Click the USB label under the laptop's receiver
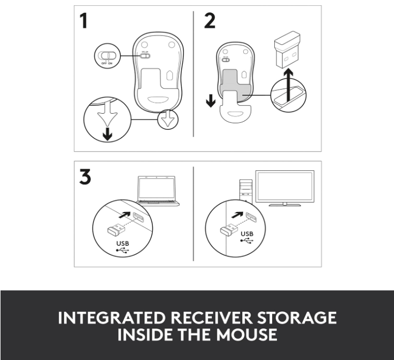point(122,244)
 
